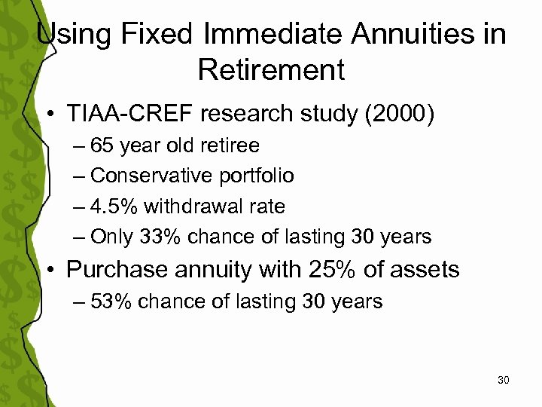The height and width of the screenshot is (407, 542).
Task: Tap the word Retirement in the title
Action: click(x=271, y=70)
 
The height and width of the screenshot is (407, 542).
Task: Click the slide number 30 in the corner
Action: click(x=504, y=380)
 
